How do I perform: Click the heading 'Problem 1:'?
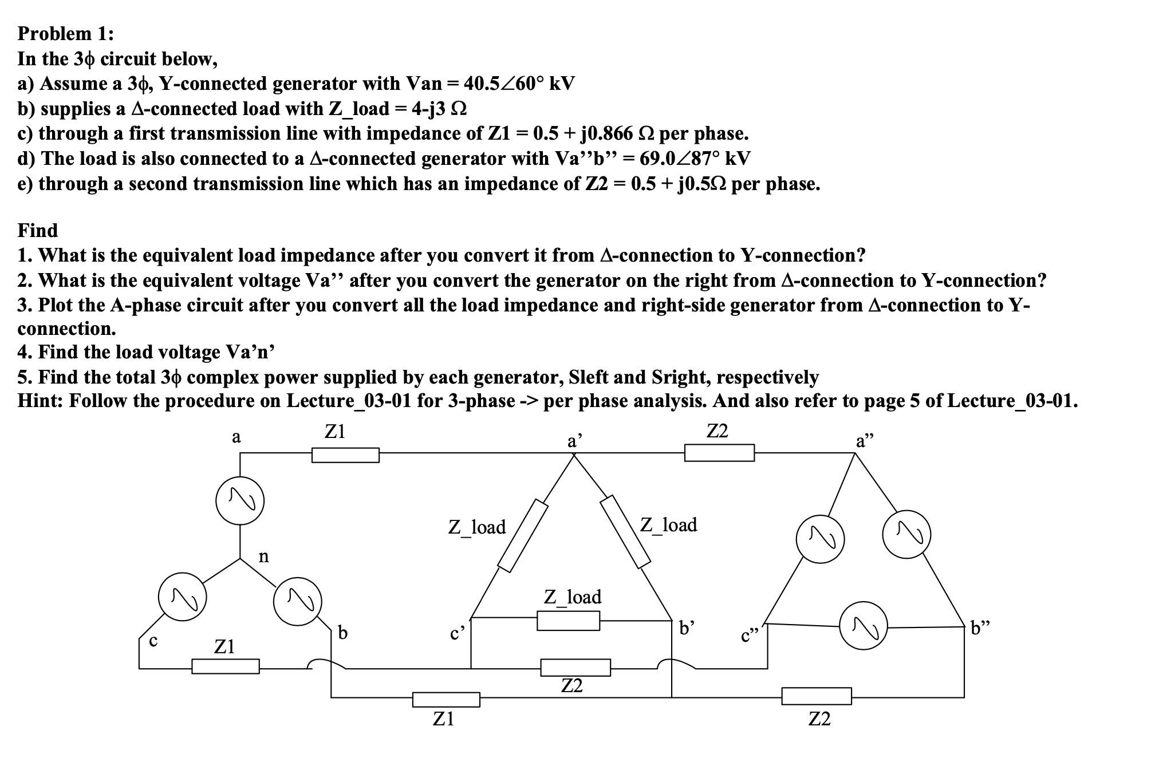(65, 34)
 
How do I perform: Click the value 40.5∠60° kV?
(519, 84)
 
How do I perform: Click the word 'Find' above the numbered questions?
(38, 230)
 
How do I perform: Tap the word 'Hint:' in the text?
(41, 401)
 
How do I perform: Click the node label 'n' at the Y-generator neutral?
(263, 556)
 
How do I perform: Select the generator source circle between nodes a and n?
(240, 500)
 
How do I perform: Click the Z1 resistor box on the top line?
(345, 455)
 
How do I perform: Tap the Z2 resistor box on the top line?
(719, 453)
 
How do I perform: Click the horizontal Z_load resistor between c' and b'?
(568, 621)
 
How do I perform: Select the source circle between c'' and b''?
(863, 625)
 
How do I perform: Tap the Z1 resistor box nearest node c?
(225, 666)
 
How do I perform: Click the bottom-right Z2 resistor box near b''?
(817, 696)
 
